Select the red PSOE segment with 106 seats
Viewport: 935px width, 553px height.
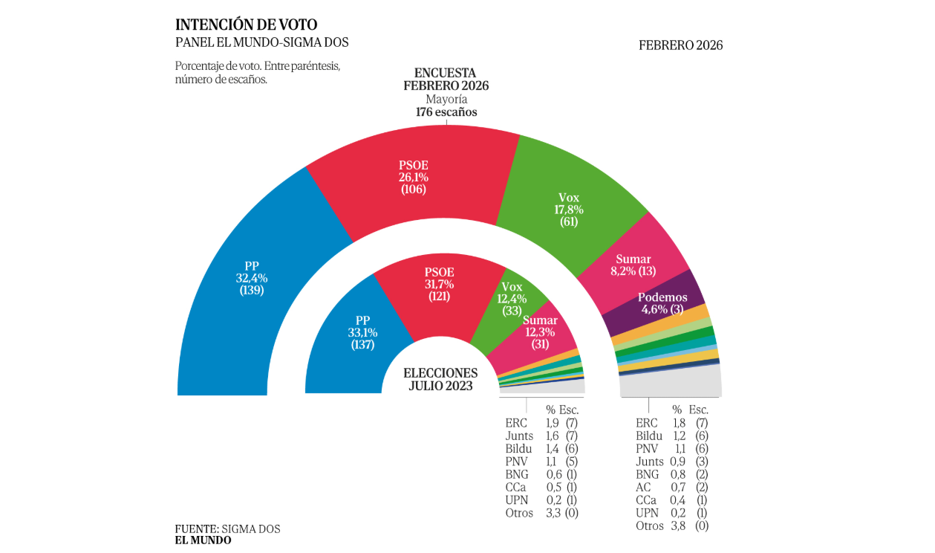click(x=413, y=178)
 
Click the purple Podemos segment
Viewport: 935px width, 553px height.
click(x=662, y=303)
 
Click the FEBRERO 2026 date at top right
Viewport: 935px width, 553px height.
click(x=680, y=45)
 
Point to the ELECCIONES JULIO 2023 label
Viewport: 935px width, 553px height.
click(x=440, y=379)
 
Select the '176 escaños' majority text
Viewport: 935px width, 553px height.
click(x=446, y=112)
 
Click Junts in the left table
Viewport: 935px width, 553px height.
click(x=518, y=436)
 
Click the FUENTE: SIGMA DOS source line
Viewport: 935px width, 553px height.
click(x=227, y=528)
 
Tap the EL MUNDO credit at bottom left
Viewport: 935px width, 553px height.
click(x=203, y=540)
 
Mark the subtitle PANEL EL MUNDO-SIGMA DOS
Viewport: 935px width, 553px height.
click(x=261, y=42)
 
